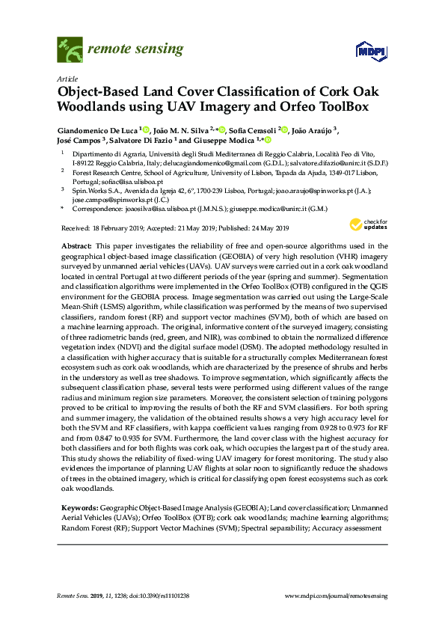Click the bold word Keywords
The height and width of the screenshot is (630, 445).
point(80,508)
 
